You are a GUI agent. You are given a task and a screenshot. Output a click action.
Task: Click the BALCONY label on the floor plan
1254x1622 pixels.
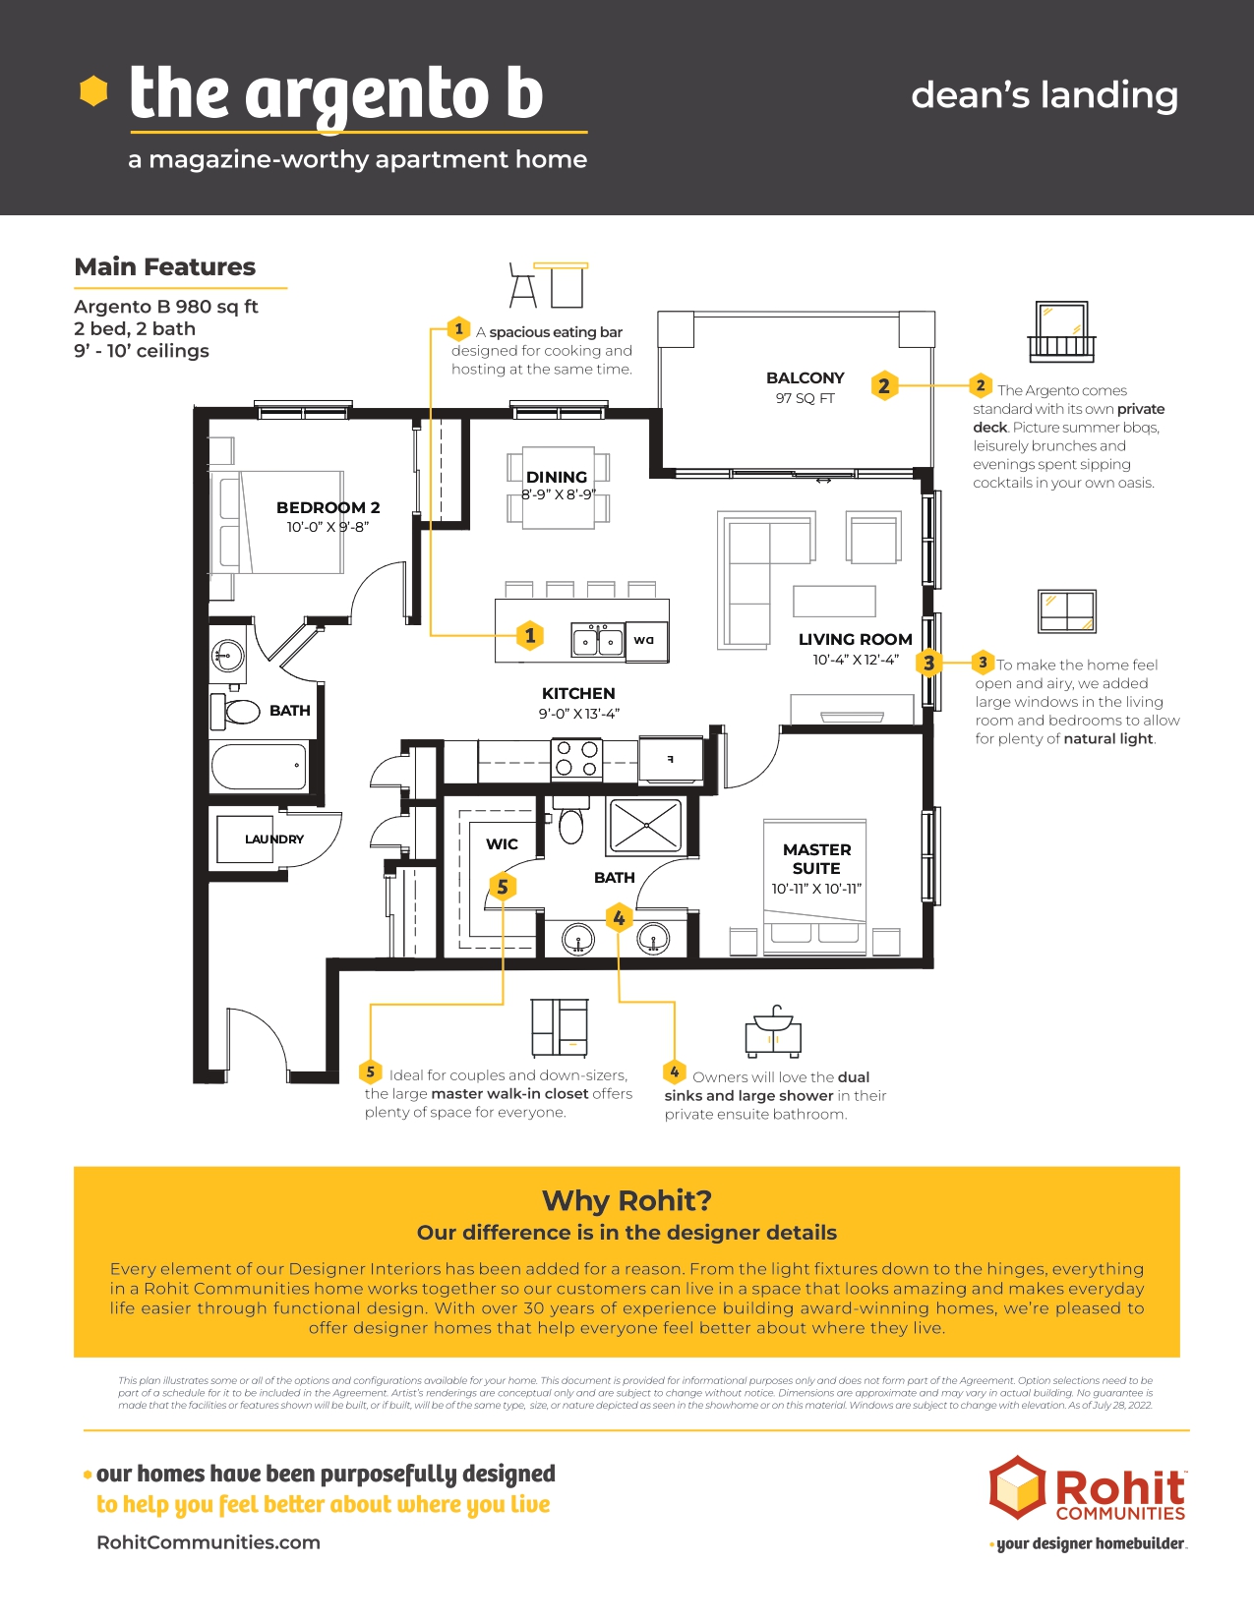coord(806,377)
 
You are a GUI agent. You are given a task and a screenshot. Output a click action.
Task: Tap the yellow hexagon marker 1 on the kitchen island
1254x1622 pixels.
coord(529,635)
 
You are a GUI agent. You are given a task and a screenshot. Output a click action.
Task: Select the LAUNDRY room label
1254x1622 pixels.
coord(274,839)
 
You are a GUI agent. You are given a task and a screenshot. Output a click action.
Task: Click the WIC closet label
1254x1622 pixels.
coord(502,844)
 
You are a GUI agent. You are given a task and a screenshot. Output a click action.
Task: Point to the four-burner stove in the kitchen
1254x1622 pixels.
coord(576,759)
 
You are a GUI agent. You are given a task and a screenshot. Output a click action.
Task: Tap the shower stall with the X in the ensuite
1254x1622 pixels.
coord(645,826)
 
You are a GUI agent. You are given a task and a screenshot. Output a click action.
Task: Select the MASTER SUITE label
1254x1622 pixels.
coord(816,859)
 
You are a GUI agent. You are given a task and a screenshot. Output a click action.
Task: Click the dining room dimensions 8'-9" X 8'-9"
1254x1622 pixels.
coord(558,494)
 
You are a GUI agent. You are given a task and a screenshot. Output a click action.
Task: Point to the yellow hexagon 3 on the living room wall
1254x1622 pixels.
coord(928,663)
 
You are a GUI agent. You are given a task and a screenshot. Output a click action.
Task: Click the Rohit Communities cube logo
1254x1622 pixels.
coord(1017,1487)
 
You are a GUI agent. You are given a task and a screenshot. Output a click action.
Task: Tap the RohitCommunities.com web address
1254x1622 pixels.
coord(209,1542)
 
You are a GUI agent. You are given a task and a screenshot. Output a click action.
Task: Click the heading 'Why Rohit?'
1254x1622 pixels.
coord(627,1201)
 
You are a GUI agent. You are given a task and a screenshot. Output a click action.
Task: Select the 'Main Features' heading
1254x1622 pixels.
coord(164,266)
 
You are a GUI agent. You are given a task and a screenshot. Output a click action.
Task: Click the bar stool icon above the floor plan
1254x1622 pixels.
coord(522,285)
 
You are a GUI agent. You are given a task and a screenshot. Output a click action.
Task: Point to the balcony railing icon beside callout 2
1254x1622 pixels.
coord(1061,331)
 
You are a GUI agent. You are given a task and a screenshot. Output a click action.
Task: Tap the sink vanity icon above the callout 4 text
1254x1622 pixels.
coord(773,1031)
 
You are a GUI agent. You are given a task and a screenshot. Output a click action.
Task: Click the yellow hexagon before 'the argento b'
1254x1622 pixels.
coord(93,91)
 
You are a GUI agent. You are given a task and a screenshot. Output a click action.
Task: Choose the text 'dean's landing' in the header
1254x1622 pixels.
coord(1045,96)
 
